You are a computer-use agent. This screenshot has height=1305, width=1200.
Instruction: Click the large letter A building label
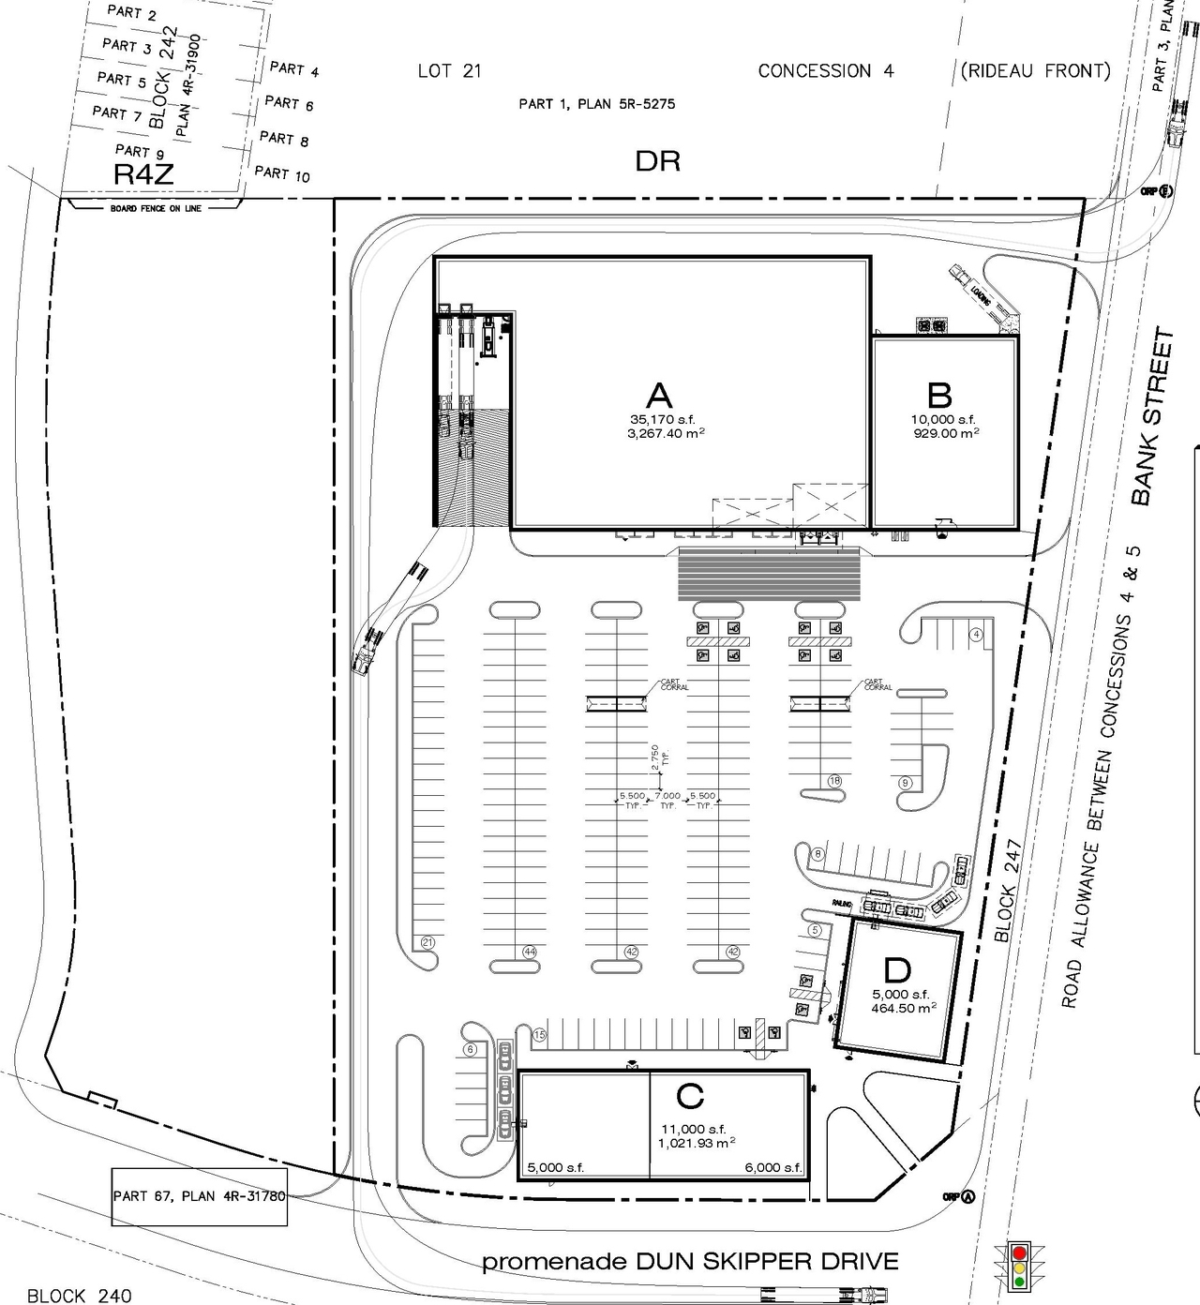(659, 395)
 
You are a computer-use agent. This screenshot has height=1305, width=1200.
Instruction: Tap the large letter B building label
(939, 396)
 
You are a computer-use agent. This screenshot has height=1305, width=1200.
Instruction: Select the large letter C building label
(690, 1095)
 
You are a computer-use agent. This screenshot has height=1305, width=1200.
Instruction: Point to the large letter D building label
(897, 970)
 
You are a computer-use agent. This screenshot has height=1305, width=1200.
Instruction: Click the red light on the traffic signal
(1019, 1252)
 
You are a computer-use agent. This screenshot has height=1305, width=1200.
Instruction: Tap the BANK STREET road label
(1151, 416)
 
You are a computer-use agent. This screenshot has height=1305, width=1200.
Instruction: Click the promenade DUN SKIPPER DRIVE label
(690, 1262)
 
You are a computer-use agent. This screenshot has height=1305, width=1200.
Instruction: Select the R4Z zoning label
(143, 173)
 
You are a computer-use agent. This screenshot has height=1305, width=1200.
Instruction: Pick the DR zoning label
(657, 161)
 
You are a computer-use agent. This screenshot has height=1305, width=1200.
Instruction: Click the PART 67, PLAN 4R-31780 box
(199, 1196)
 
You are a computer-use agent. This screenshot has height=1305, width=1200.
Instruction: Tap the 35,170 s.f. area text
(663, 419)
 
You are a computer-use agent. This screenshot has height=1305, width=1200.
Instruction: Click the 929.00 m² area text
(946, 433)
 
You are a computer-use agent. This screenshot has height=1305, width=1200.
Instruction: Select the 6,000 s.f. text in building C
(773, 1167)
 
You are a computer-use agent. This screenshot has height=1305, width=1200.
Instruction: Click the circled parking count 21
(427, 942)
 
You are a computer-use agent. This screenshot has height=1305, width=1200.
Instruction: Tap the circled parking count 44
(529, 952)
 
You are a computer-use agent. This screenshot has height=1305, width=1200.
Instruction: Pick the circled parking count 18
(834, 781)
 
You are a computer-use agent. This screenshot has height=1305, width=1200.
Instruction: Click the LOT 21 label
(449, 70)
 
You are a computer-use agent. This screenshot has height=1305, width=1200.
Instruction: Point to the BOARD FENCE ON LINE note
(156, 208)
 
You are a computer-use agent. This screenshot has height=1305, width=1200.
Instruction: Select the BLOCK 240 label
(80, 1296)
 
